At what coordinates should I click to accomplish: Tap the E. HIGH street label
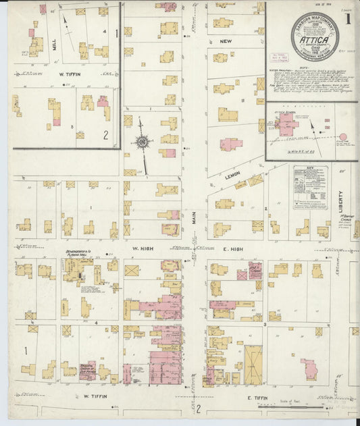click(233, 249)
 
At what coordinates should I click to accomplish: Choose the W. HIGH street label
click(147, 249)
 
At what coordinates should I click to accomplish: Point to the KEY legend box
click(311, 187)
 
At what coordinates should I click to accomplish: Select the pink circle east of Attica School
click(342, 138)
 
